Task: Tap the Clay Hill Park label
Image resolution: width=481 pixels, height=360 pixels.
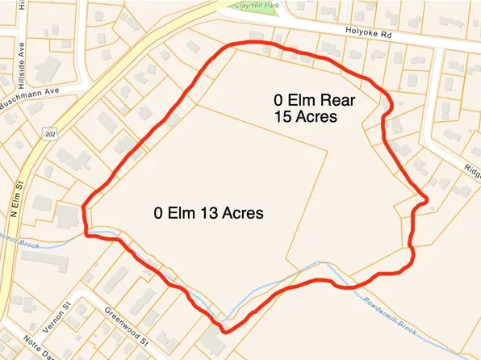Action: click(257, 6)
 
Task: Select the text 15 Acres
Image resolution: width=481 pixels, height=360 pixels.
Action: click(305, 117)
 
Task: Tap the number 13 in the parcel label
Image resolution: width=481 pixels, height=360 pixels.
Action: click(211, 214)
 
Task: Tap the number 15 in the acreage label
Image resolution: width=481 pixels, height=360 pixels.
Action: click(283, 117)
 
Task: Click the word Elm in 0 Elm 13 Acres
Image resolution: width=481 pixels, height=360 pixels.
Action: click(182, 214)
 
